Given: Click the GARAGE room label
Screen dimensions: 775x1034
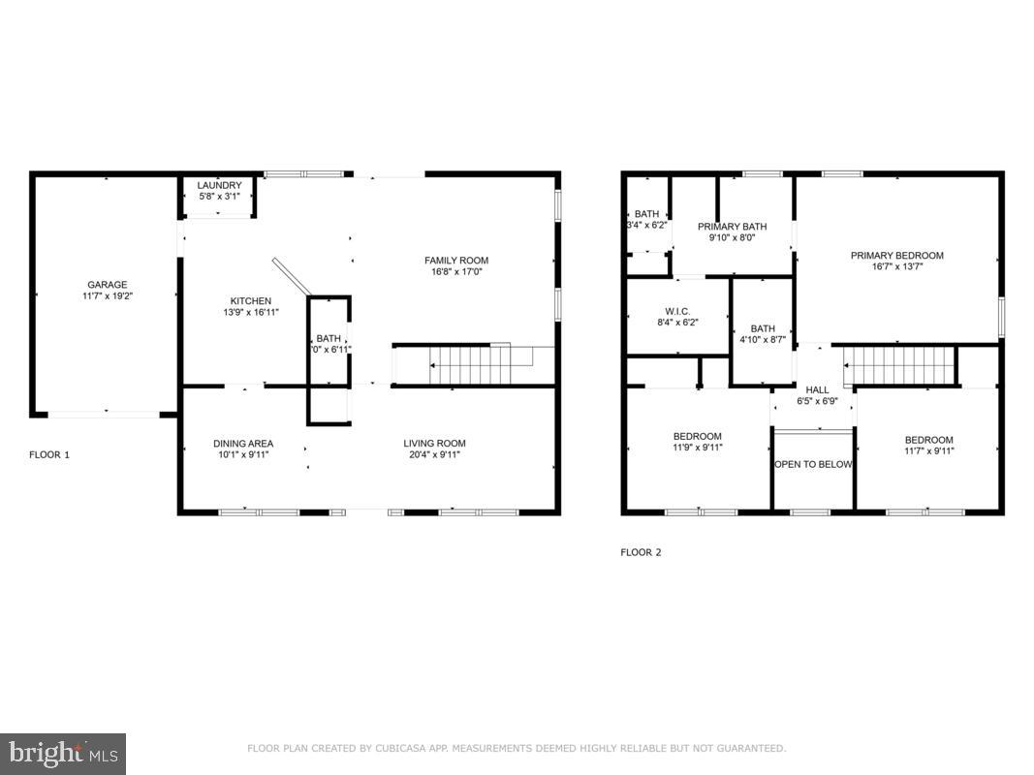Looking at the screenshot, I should click(108, 285).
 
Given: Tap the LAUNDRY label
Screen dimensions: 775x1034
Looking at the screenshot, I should click(219, 185).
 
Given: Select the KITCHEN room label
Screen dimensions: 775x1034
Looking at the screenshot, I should click(250, 300).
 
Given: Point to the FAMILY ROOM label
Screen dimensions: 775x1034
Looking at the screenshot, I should click(455, 260).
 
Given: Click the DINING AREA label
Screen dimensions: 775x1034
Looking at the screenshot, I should click(243, 444).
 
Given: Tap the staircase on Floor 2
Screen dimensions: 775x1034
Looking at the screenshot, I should click(901, 366).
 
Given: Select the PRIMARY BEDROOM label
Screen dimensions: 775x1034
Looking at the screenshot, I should click(896, 256).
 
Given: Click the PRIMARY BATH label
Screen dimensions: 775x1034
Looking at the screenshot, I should click(732, 227).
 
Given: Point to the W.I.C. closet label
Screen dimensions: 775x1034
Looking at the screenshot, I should click(677, 311).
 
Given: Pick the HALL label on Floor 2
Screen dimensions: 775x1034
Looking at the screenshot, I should click(817, 389).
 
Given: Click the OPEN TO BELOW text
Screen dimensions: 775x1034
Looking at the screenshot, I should click(813, 464).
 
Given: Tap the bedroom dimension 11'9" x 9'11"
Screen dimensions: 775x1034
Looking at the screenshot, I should click(698, 448).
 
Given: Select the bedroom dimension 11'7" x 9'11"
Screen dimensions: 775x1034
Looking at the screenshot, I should click(929, 450).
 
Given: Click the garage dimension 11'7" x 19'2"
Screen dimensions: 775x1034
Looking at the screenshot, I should click(108, 295).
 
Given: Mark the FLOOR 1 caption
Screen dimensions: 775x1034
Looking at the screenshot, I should click(49, 453).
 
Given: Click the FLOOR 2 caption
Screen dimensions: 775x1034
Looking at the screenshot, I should click(641, 552).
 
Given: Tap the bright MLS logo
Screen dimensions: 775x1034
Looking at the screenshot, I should click(63, 753).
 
